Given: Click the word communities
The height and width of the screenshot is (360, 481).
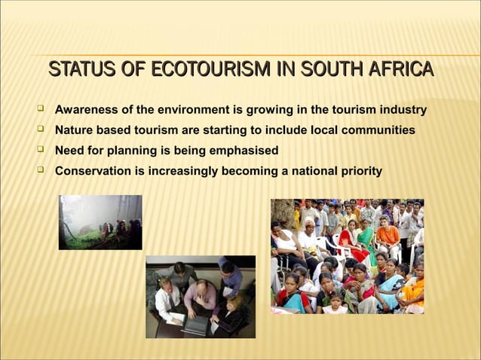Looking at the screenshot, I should tap(375, 131).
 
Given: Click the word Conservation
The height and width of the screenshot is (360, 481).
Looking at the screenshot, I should tap(93, 172).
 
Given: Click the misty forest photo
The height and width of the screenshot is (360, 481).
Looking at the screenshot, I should tap(100, 222).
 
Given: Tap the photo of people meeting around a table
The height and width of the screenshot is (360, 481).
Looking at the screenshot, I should tap(200, 296).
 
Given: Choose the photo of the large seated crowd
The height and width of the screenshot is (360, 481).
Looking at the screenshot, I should tap(347, 256).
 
